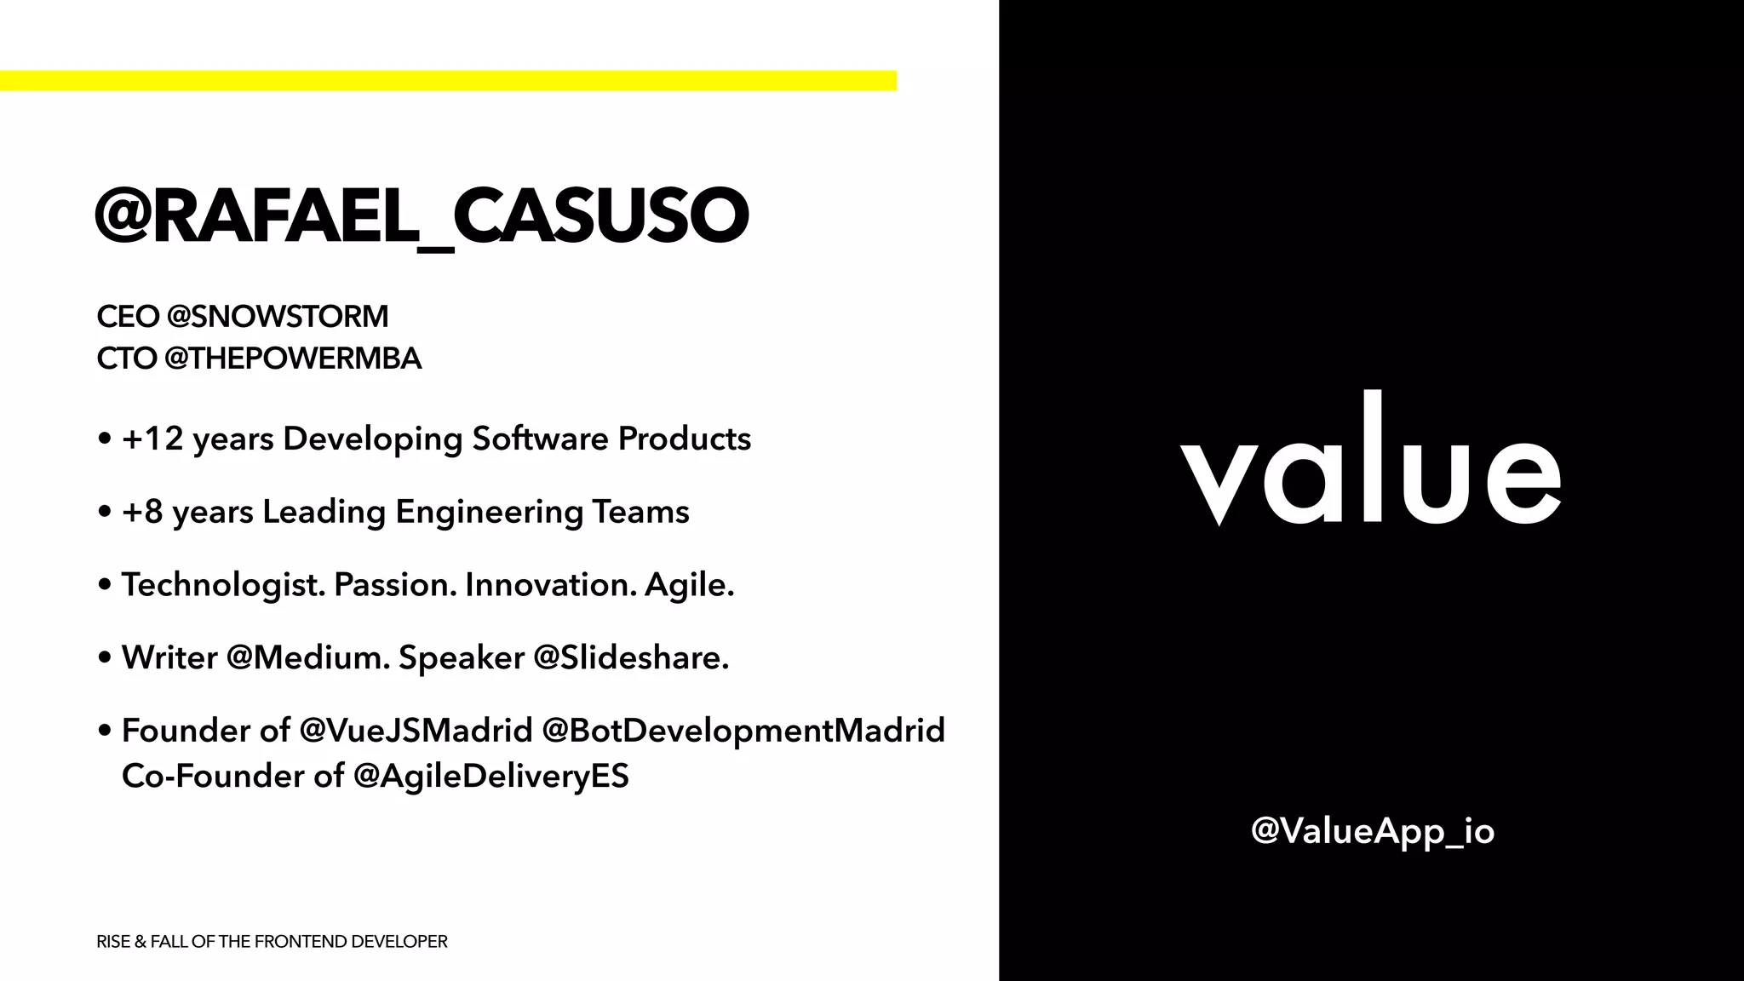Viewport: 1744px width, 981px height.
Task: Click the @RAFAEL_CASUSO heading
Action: (422, 215)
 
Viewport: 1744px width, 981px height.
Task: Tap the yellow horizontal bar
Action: (448, 81)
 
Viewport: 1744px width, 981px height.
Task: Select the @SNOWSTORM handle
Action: (278, 317)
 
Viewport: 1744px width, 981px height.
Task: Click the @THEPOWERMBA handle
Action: (293, 359)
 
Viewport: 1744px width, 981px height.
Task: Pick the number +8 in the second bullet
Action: (142, 512)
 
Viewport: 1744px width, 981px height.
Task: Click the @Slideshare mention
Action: (631, 657)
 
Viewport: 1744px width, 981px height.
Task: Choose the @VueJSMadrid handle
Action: (416, 731)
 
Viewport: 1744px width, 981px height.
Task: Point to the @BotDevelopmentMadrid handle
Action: (743, 731)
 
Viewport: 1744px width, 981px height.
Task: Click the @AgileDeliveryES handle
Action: (490, 776)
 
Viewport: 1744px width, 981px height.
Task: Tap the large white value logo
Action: (1370, 464)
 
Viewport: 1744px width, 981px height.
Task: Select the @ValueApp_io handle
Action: (1373, 831)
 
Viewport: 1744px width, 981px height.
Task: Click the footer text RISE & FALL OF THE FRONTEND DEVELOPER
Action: (272, 942)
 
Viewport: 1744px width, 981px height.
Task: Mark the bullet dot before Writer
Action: (105, 658)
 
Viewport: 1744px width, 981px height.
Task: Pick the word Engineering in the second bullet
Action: (489, 512)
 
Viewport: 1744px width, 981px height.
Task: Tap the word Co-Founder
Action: (202, 776)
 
